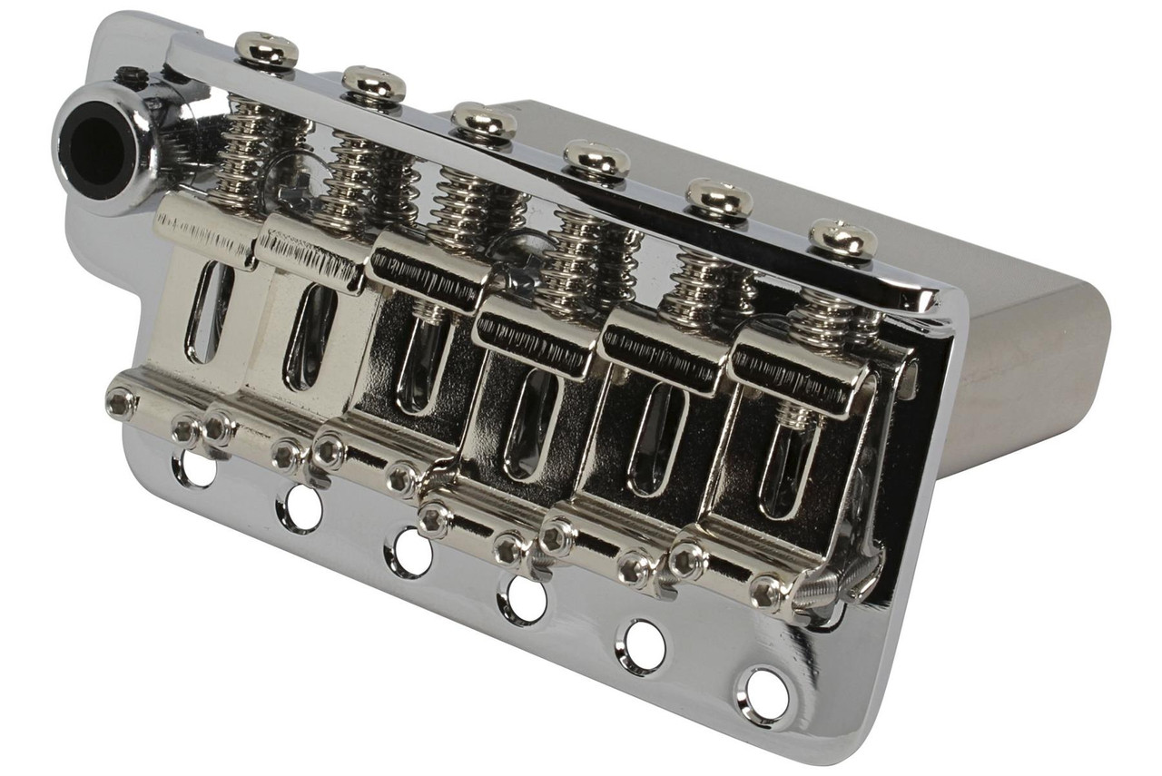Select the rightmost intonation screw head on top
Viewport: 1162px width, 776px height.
click(842, 238)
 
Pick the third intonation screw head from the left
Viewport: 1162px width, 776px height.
click(483, 121)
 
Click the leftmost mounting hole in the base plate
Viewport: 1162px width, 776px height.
click(193, 467)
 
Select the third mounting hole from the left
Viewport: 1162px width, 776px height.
click(409, 552)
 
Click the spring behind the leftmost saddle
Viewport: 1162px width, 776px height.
click(244, 154)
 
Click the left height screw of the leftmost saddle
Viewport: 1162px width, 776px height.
click(120, 402)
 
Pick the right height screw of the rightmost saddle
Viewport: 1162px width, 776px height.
click(767, 592)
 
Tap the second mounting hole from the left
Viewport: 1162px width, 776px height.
click(301, 508)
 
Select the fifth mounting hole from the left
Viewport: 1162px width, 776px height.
click(644, 646)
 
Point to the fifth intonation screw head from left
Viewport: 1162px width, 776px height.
click(718, 198)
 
